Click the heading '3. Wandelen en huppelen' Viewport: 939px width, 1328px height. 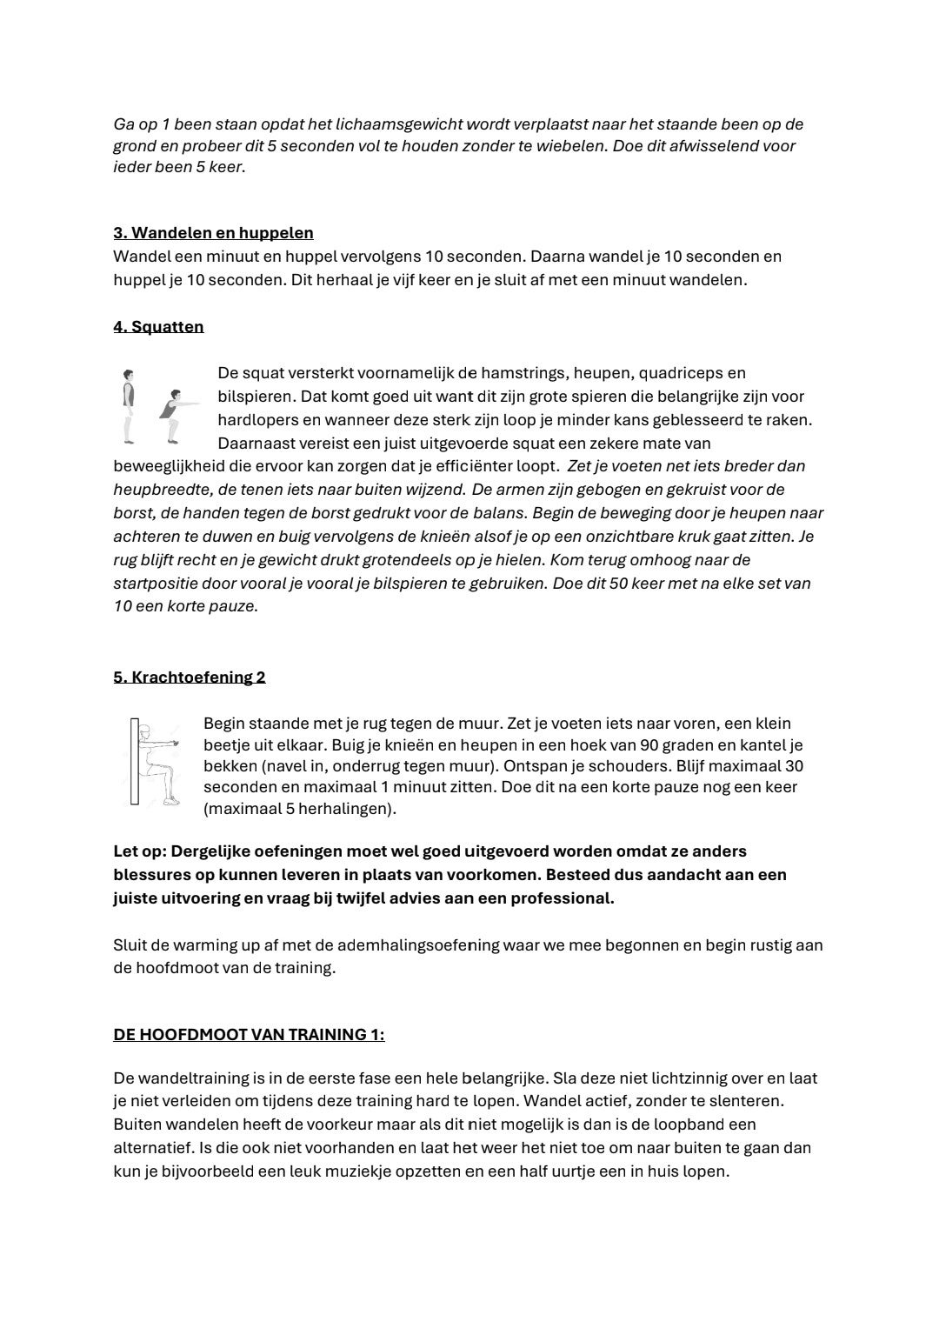tap(213, 233)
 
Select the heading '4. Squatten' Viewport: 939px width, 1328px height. tap(158, 327)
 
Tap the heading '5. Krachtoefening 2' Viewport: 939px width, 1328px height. tap(189, 677)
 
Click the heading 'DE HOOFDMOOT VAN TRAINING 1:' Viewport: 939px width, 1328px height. tap(249, 1035)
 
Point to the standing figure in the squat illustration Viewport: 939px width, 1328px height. tap(129, 405)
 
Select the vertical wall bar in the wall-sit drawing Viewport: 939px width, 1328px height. tap(135, 762)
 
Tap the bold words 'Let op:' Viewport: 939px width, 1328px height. tap(140, 851)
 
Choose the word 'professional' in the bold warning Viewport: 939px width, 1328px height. tap(562, 898)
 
